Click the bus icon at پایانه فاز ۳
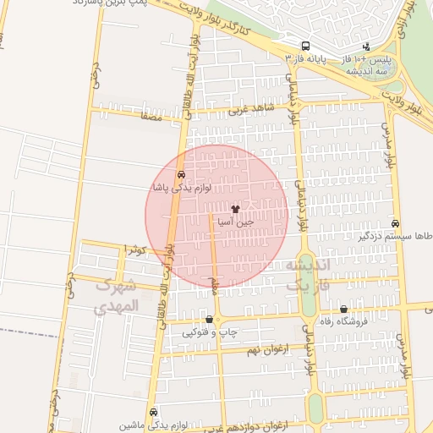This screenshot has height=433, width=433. click(x=305, y=47)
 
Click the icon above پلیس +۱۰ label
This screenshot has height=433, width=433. click(x=365, y=47)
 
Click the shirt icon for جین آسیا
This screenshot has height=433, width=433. click(x=235, y=208)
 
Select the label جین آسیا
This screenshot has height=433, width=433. click(x=235, y=222)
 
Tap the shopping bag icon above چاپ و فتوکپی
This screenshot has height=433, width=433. click(x=209, y=320)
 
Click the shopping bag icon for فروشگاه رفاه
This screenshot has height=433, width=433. click(x=343, y=310)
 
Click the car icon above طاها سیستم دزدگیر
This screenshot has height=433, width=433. click(x=395, y=223)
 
